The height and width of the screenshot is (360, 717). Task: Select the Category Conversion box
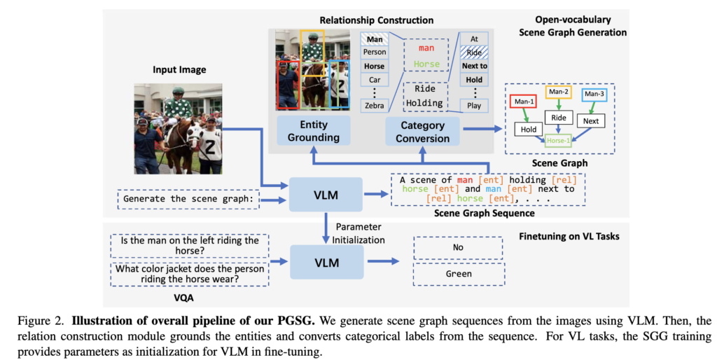point(422,131)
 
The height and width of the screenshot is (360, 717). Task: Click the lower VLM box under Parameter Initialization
point(327,263)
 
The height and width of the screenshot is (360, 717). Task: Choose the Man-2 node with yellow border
point(559,92)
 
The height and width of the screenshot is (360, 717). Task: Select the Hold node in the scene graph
point(527,129)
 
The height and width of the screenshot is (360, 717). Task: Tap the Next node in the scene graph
point(591,121)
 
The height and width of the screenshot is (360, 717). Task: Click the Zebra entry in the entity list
point(374,105)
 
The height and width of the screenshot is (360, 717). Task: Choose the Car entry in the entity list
point(374,80)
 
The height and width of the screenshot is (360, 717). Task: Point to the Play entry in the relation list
point(475,106)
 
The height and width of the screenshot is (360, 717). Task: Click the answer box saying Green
point(458,274)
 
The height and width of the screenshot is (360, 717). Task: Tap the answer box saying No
point(458,247)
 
